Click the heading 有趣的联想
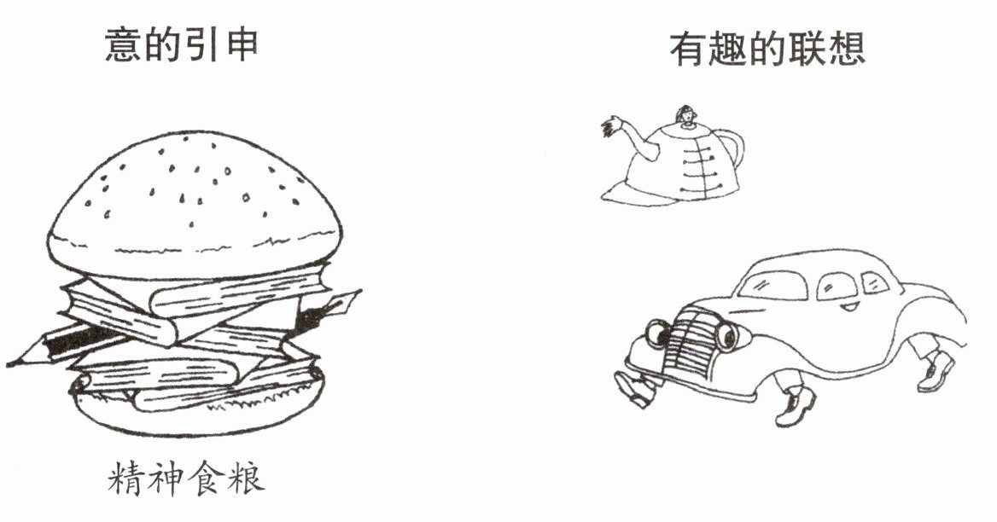click(767, 49)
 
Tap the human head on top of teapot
click(685, 116)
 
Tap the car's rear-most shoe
click(936, 372)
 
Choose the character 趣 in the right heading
click(727, 49)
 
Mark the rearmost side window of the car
click(874, 282)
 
